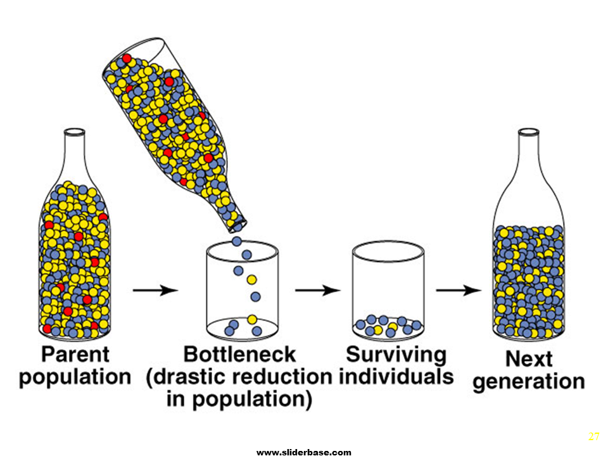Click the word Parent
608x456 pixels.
(75, 353)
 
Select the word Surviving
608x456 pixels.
(396, 353)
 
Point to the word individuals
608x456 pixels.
(396, 376)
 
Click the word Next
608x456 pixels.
(528, 359)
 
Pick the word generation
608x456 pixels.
(528, 382)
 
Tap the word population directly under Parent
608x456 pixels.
(75, 377)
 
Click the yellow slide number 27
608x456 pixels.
(593, 436)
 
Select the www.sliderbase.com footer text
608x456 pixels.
(303, 452)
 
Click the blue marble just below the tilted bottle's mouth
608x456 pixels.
(237, 241)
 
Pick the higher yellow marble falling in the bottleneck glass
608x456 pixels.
(251, 279)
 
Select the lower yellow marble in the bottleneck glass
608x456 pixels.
(252, 319)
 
